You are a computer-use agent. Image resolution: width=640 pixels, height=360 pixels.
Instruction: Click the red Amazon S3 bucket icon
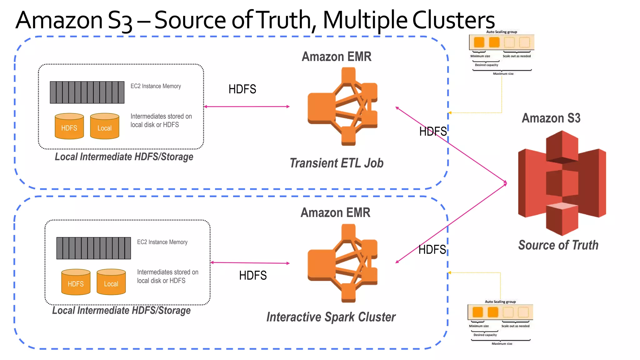tap(562, 183)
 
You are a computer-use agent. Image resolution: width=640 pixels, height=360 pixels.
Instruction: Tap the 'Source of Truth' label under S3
tap(558, 245)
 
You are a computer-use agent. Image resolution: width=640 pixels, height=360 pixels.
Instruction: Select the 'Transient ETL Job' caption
tap(337, 163)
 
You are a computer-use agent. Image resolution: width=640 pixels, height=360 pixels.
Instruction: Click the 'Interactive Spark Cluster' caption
tap(331, 317)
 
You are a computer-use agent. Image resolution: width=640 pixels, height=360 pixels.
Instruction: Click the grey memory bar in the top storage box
tap(87, 92)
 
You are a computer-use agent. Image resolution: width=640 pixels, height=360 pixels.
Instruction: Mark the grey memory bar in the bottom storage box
tap(93, 248)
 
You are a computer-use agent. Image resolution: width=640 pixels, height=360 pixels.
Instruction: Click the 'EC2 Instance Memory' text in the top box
tap(156, 86)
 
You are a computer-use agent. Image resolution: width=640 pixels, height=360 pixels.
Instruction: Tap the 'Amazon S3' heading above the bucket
tap(551, 118)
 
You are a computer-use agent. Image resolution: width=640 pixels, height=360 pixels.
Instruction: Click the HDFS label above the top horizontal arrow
tap(242, 89)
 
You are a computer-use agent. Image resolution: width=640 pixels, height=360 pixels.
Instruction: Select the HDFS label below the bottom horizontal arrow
tap(253, 276)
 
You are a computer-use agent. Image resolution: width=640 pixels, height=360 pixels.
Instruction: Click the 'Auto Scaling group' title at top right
tap(501, 32)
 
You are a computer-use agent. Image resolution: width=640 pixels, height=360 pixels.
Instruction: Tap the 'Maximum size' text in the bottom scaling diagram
tap(502, 344)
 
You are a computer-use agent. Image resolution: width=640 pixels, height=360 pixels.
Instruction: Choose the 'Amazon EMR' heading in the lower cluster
tap(335, 213)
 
